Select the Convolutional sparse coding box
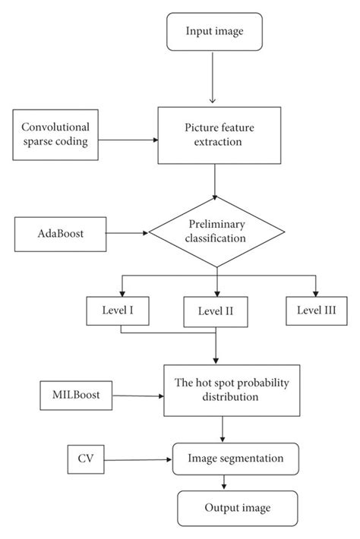point(55,134)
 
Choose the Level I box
point(119,310)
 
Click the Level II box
point(216,311)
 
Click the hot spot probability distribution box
point(221,389)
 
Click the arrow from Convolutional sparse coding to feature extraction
point(130,140)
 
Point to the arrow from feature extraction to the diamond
point(216,181)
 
